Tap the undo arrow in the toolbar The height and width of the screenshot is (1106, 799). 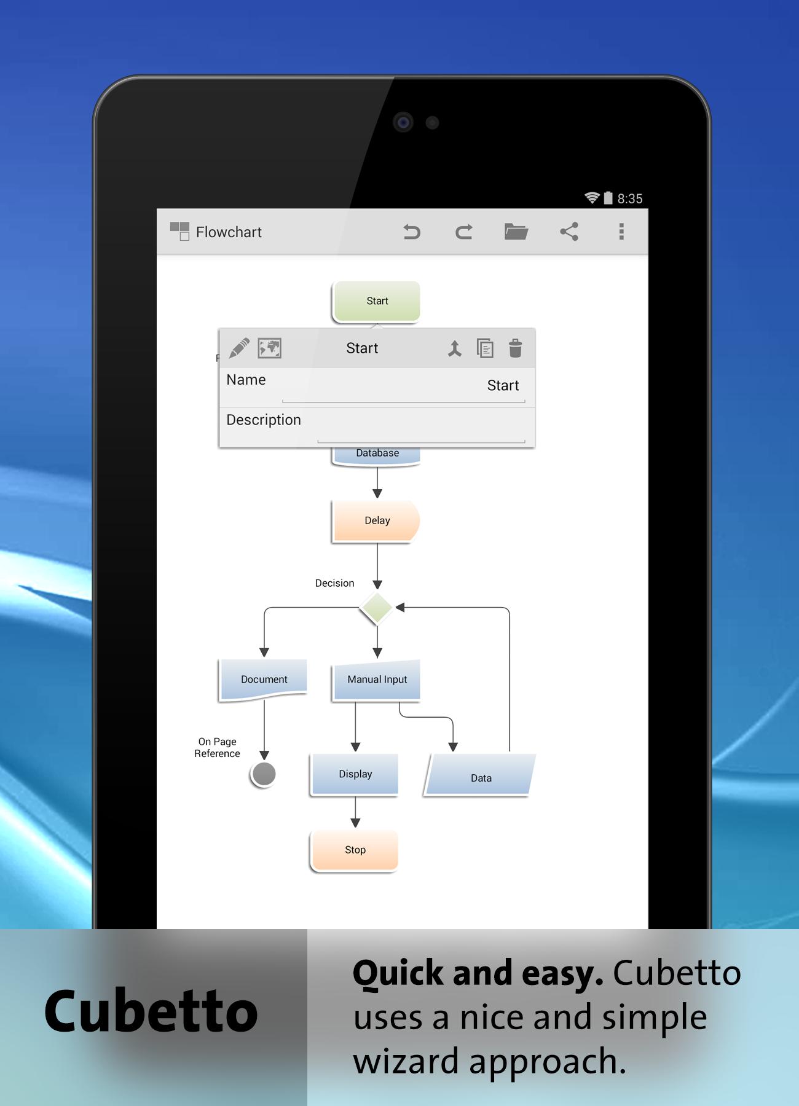coord(412,232)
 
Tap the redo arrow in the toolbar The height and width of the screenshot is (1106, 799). coord(464,232)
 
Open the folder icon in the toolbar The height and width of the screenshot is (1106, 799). coord(516,232)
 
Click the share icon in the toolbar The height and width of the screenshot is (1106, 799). coord(569,232)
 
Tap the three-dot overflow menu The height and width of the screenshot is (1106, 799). coord(621,232)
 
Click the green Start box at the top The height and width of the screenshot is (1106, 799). coord(377,301)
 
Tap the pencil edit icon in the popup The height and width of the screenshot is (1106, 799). coord(239,348)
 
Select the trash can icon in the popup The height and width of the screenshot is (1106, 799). coord(516,348)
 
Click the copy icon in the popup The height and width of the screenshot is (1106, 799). coord(485,348)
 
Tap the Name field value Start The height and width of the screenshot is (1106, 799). coord(503,385)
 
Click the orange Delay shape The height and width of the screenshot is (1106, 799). coord(376,520)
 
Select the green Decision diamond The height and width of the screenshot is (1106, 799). coord(376,608)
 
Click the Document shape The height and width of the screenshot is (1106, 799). coord(264,679)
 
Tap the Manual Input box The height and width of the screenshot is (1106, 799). coord(377,680)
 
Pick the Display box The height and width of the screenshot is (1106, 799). coord(355,774)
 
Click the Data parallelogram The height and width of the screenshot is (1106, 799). coord(480,775)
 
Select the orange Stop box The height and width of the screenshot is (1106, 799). coord(355,850)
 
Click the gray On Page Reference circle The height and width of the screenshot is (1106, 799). coord(264,774)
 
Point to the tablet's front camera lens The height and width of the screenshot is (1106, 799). coord(403,122)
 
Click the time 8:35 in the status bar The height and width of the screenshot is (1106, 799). coord(630,198)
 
